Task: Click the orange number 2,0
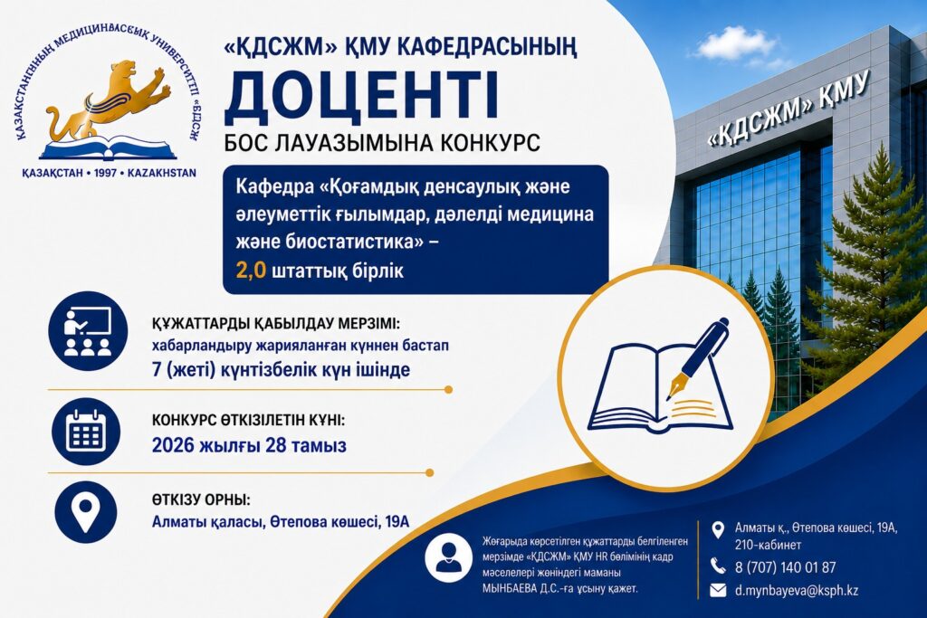click(x=252, y=271)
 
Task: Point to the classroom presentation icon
click(x=88, y=331)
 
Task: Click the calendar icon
click(x=86, y=432)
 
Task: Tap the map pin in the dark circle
click(x=86, y=511)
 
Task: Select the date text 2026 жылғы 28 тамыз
click(x=249, y=445)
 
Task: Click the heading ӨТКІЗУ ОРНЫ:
click(x=201, y=499)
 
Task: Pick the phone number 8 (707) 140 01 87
click(x=785, y=567)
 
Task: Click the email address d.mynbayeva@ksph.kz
click(x=797, y=590)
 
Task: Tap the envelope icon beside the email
click(x=718, y=590)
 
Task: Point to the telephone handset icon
click(x=718, y=566)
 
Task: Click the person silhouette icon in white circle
click(x=449, y=557)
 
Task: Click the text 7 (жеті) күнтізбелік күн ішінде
click(x=281, y=370)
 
